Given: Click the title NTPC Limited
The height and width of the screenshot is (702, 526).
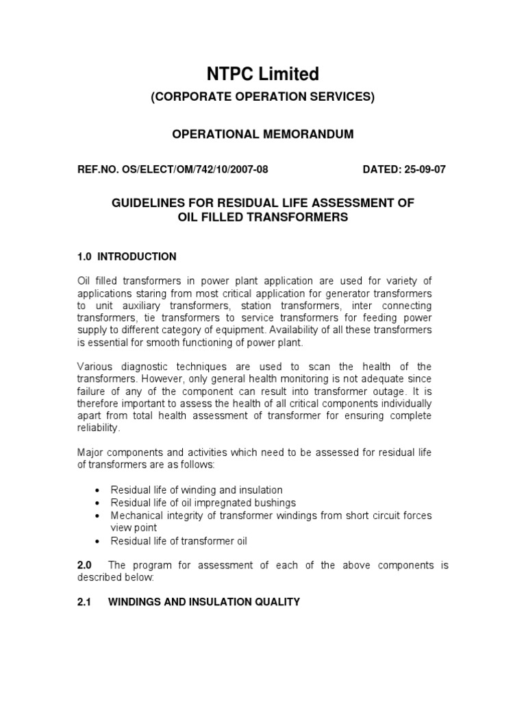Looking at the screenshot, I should [263, 73].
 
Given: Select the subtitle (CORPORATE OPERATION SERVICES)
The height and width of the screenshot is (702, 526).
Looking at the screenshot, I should [263, 97].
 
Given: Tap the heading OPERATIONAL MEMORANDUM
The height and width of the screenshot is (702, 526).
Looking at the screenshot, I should [262, 134].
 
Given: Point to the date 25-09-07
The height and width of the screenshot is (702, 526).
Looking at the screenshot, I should [422, 171].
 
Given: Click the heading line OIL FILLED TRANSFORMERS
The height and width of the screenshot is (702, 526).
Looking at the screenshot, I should [262, 217].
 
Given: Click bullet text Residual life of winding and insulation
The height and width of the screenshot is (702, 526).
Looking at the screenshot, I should [197, 489].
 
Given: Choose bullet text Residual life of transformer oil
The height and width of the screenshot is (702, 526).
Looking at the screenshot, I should [179, 541].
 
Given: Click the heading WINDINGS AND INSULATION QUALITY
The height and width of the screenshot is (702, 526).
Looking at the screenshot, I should [204, 602].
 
